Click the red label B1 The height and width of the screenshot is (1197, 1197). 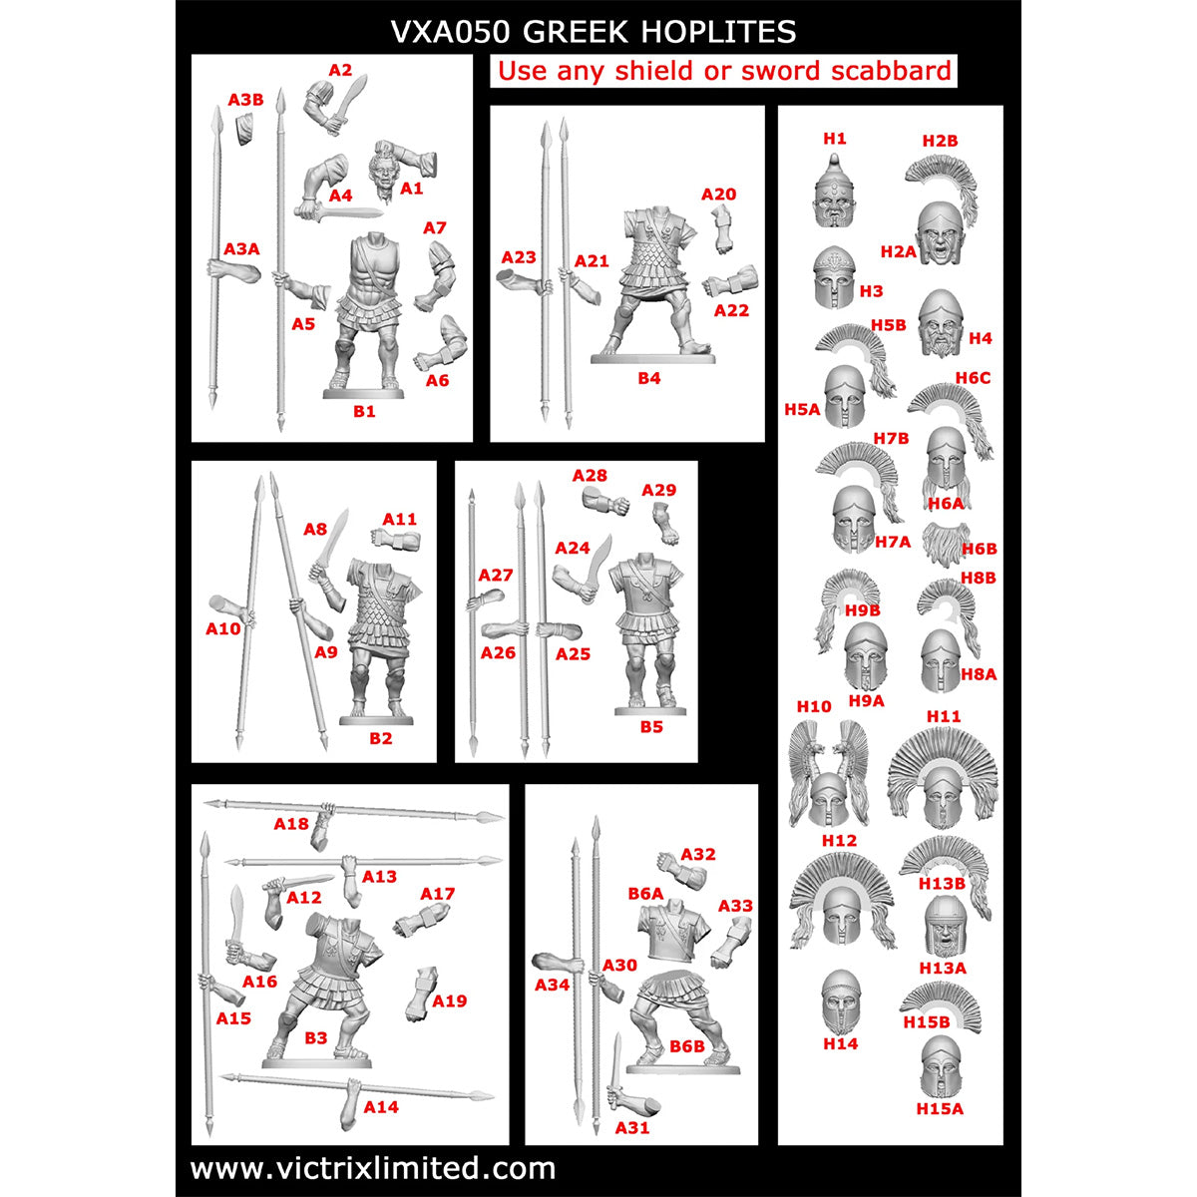[364, 411]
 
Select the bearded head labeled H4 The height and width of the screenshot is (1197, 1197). [940, 323]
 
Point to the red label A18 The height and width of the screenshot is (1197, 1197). [291, 824]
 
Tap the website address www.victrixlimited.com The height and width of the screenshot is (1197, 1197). [373, 1169]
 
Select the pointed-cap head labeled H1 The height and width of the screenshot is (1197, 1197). [835, 192]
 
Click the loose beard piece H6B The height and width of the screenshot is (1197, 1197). [946, 544]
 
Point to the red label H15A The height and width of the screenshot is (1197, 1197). [940, 1109]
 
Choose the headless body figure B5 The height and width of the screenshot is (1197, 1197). [649, 633]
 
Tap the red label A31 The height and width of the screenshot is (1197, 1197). [632, 1127]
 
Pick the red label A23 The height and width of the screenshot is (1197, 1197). [519, 257]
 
